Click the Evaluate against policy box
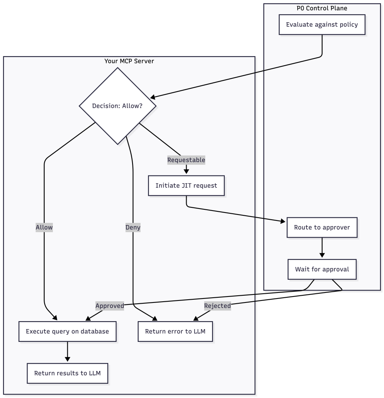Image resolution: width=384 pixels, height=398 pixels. (322, 25)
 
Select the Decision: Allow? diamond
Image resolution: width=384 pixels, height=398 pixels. (117, 106)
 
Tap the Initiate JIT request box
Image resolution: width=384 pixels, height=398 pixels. (186, 185)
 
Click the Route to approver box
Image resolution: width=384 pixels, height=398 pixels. (322, 228)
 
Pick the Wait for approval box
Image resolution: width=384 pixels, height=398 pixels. (322, 269)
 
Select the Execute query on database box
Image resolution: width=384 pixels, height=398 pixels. (67, 332)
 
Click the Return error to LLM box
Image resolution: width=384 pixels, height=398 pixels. (175, 332)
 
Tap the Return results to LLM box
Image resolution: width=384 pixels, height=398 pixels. (67, 373)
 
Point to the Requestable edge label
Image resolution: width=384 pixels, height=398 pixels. (186, 160)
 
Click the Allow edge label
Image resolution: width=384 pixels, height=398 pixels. (44, 228)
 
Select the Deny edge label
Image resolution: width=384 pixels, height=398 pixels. (133, 228)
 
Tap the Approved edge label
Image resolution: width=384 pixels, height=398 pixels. (110, 306)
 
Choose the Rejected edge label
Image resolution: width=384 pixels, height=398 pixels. (217, 306)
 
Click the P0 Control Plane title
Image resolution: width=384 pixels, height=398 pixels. (322, 8)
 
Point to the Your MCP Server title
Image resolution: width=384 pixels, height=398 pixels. (129, 61)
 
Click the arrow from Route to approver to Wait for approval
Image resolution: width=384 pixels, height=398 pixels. (322, 248)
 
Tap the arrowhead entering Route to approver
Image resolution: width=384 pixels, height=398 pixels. (283, 221)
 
